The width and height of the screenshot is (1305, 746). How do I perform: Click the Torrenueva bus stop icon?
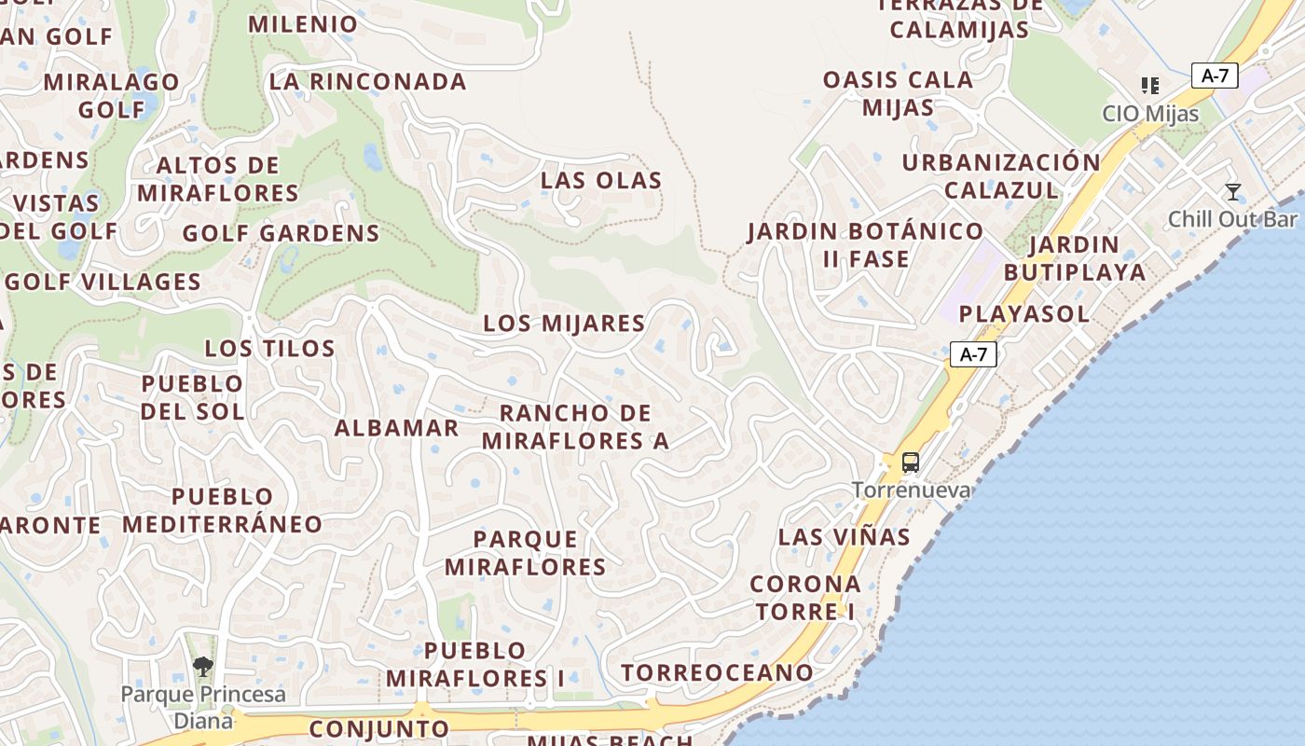coord(911,463)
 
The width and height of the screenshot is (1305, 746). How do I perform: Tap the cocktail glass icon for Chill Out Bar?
coord(1233,193)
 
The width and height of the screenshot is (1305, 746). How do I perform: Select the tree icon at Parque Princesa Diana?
coord(202,666)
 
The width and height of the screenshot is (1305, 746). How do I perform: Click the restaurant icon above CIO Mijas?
coord(1150,86)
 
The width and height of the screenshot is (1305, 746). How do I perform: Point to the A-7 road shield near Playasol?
coord(973,354)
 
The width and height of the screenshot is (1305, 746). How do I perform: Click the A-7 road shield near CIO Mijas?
coord(1215,76)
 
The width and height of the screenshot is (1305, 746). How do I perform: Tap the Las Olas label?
coord(601,180)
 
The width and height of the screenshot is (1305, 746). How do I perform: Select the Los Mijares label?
coord(564,324)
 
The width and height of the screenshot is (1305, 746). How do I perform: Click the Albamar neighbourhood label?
coord(397,428)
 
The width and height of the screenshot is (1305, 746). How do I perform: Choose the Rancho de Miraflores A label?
coord(575,427)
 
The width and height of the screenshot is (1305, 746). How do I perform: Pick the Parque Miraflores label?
coord(526,553)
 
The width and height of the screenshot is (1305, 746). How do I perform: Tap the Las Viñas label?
coord(845,537)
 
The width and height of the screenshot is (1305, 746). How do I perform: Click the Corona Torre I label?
coord(805,598)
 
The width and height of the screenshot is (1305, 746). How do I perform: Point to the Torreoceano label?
coord(718,672)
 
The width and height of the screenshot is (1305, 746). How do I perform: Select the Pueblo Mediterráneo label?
coord(222,510)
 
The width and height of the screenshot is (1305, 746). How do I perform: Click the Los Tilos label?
coord(269,349)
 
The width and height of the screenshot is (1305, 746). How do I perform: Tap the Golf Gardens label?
coord(282,233)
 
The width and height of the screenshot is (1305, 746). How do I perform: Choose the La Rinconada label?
coord(367,82)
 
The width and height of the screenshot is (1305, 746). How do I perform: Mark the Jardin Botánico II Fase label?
coord(865,244)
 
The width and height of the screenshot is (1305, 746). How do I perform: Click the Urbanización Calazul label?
coord(1001,176)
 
